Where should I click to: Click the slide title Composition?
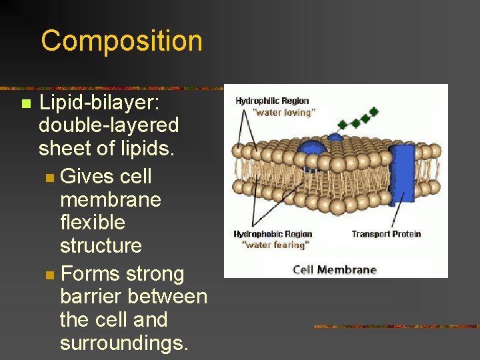(x=121, y=41)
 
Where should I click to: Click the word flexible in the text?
(x=92, y=222)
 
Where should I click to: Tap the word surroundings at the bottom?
(x=124, y=343)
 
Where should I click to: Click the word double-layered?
(x=109, y=125)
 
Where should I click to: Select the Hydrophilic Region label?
(x=271, y=101)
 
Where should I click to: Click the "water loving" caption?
(x=283, y=113)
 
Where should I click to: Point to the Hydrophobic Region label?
(x=273, y=234)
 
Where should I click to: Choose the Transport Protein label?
(x=386, y=234)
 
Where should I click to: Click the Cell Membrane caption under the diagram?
(x=335, y=269)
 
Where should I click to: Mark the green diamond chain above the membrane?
(x=357, y=118)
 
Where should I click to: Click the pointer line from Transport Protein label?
(x=397, y=214)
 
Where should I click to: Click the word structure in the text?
(x=101, y=245)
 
